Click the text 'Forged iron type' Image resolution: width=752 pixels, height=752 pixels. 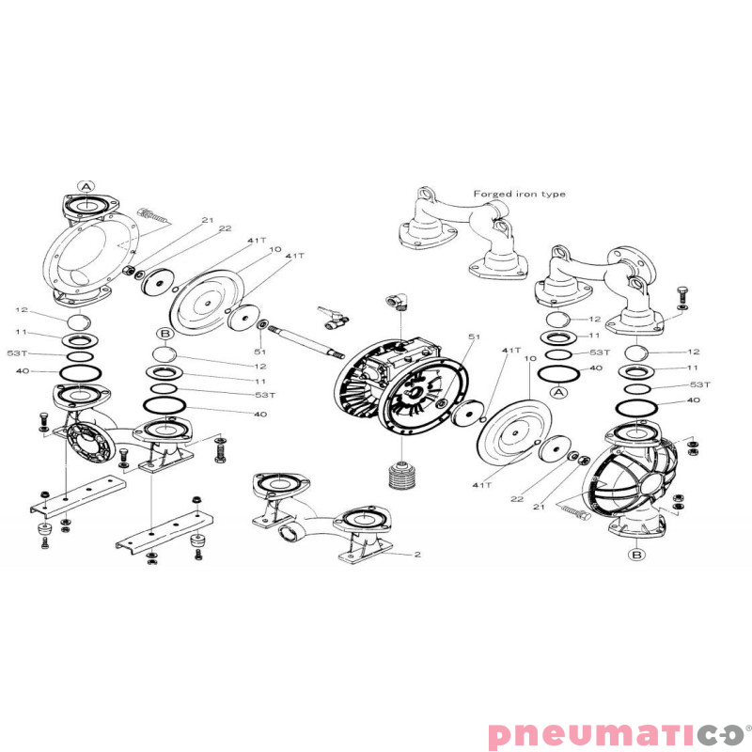pos(520,194)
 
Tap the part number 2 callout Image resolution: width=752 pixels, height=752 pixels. pos(417,555)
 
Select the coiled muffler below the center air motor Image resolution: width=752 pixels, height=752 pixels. pos(401,476)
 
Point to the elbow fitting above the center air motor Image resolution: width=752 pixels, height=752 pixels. pos(397,301)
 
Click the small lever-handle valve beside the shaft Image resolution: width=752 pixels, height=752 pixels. pos(333,318)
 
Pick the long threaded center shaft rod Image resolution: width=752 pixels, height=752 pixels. pos(306,340)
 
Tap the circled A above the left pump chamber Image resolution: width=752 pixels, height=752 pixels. pos(86,186)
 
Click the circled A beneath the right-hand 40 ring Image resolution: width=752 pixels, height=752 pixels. pos(558,393)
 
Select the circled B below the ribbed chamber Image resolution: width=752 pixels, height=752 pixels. pos(636,555)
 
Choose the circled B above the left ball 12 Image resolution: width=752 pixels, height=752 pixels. pos(165,334)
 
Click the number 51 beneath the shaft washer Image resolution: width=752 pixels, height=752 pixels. pos(259,352)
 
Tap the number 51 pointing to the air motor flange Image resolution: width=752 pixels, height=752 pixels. pos(474,337)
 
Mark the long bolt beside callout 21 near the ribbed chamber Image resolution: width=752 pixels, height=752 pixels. pos(573,511)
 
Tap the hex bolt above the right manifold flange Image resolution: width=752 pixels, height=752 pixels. pos(682,293)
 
